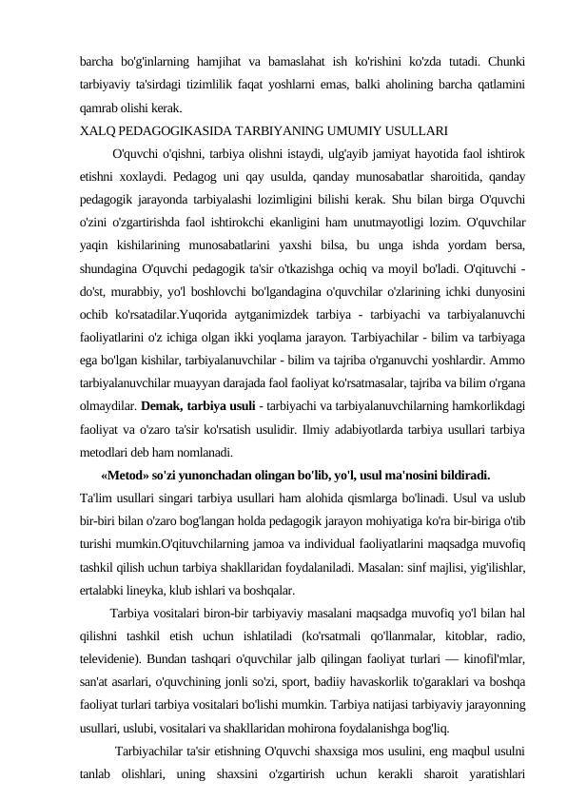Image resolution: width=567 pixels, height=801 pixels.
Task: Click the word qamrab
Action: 101,107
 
